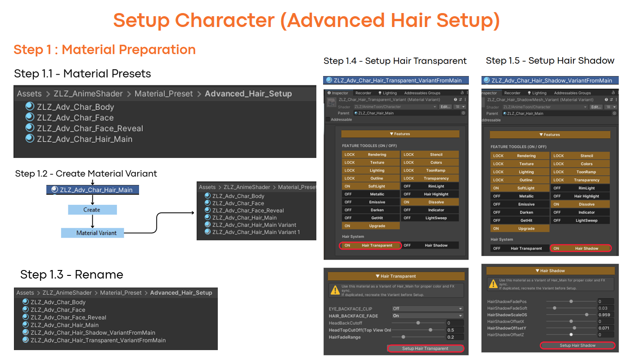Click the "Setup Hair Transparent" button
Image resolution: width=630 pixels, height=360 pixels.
point(425,348)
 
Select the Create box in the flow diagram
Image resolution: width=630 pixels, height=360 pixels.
point(92,210)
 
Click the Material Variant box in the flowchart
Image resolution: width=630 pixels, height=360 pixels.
point(93,233)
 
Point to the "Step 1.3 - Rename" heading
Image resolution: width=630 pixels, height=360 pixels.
point(72,274)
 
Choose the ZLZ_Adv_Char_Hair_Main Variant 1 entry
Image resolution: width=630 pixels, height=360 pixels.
point(256,232)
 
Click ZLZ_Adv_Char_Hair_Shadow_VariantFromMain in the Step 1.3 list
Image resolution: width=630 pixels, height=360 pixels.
point(93,333)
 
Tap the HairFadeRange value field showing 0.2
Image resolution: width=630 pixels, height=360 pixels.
point(454,337)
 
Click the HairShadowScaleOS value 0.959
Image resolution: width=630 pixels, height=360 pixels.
point(605,315)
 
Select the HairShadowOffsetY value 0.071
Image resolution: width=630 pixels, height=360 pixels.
point(605,328)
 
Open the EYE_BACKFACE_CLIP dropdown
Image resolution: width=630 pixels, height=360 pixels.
point(427,309)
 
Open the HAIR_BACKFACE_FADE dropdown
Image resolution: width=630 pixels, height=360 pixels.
point(427,316)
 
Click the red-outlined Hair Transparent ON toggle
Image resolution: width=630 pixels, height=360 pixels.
point(370,246)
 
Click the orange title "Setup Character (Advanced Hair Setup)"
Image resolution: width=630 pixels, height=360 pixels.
point(306,20)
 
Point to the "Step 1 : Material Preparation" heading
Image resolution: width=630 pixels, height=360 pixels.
point(104,49)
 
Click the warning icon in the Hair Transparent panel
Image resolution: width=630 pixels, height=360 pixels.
point(335,290)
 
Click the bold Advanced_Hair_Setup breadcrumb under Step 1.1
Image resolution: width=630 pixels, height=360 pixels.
point(248,94)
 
